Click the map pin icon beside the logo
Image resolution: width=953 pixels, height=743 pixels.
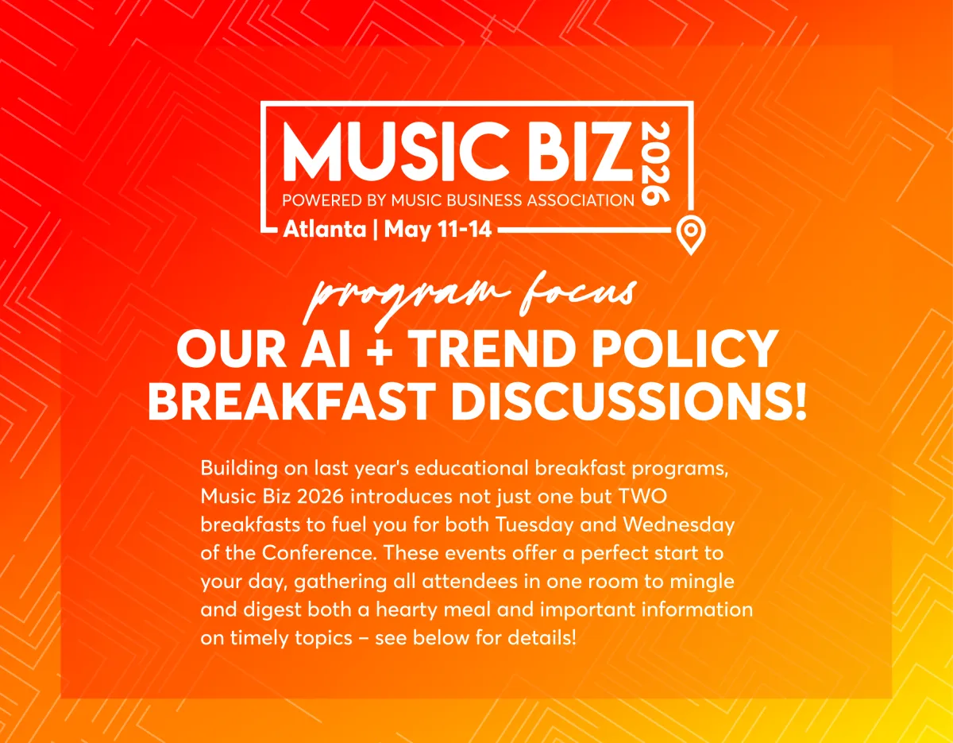690,234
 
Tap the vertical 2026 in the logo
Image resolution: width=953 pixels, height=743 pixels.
656,163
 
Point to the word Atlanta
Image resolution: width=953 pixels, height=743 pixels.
325,230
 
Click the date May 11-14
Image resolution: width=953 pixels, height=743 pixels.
438,230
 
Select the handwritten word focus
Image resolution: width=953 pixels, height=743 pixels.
579,290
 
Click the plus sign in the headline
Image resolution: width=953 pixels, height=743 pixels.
381,351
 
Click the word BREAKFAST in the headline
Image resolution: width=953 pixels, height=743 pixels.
288,401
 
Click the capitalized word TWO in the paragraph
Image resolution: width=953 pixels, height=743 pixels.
643,497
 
